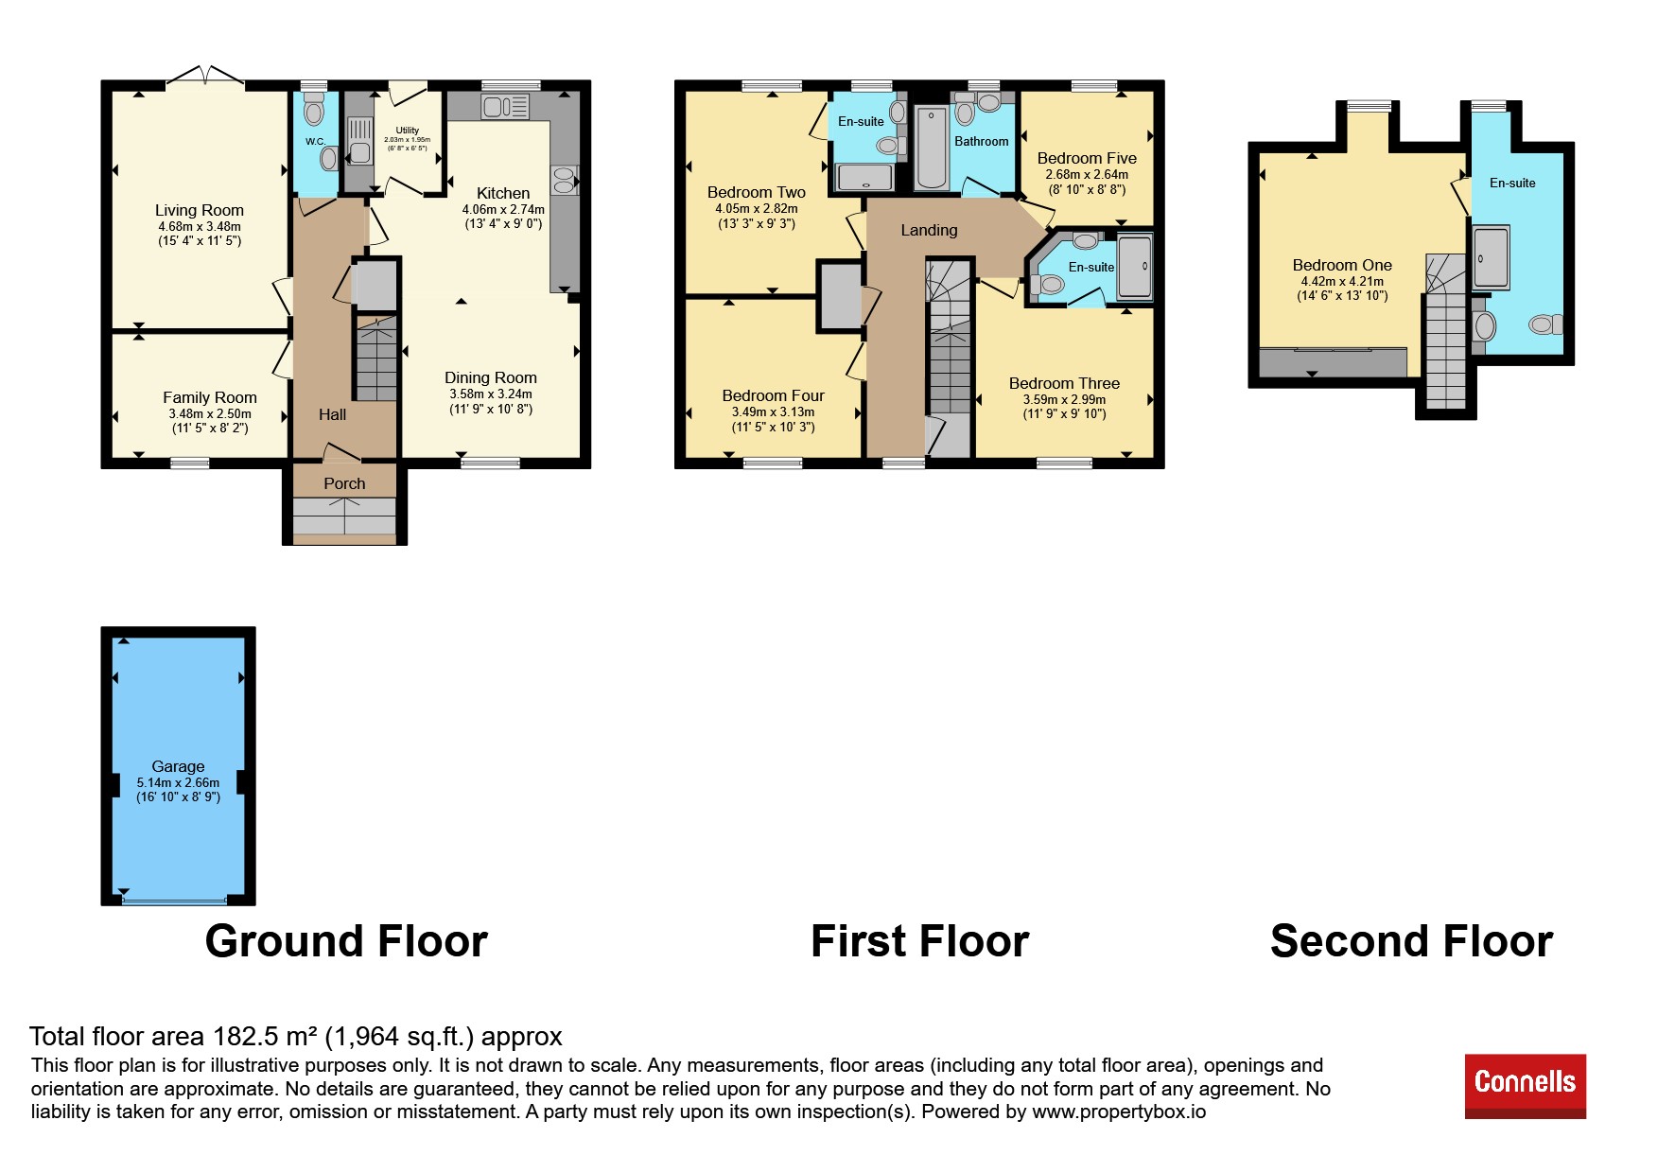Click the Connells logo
click(1525, 1086)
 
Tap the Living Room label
click(200, 210)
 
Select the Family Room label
click(210, 397)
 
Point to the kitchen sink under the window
click(505, 106)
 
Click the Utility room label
click(408, 131)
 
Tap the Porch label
click(344, 483)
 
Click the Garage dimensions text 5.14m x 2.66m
click(178, 782)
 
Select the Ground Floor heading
click(346, 941)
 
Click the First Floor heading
click(919, 941)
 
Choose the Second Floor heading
click(1411, 941)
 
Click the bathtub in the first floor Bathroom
click(931, 149)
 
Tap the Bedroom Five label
click(1087, 158)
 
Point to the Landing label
click(929, 230)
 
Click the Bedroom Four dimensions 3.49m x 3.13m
click(773, 411)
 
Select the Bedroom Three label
click(1064, 383)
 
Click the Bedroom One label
click(1342, 265)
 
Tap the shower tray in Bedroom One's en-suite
click(1491, 257)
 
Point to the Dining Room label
click(491, 377)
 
